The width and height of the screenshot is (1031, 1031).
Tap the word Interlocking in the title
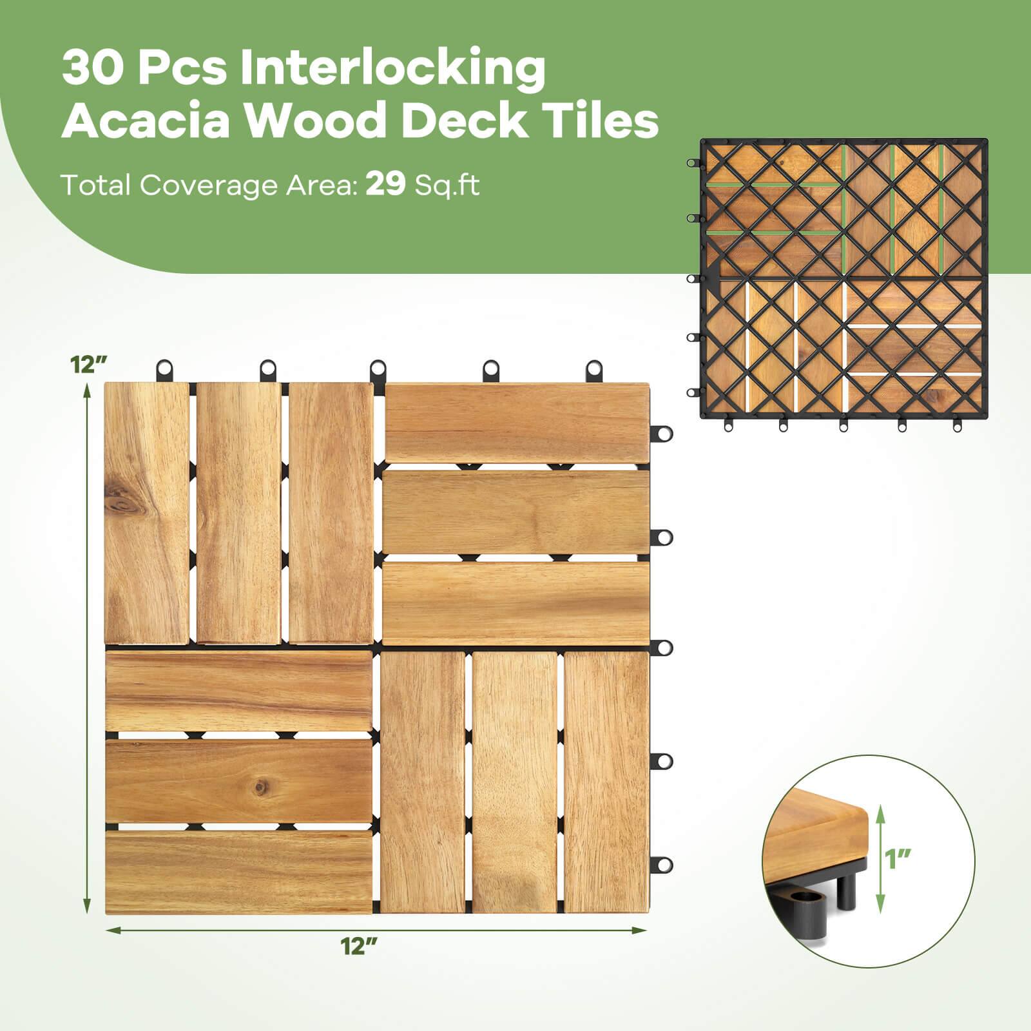(x=392, y=69)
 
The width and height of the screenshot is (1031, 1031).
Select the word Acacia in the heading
(x=149, y=120)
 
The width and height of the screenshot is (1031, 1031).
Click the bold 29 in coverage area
(x=385, y=186)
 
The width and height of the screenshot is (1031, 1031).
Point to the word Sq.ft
(x=447, y=186)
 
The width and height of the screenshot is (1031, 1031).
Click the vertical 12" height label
(x=88, y=365)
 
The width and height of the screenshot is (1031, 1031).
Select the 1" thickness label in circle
(x=898, y=858)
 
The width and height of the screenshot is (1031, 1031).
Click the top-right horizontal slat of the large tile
(x=516, y=421)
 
